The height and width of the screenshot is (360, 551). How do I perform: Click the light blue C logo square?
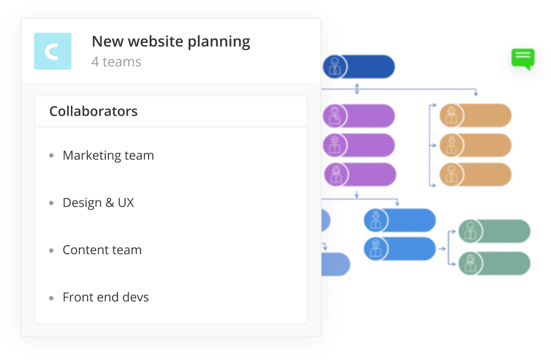pos(53,51)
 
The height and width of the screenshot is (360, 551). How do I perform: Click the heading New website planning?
pos(171,42)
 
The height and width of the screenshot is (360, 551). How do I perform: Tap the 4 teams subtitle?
pos(116,62)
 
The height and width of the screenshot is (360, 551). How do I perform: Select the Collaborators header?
pos(94,112)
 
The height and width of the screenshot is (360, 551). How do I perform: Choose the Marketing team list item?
pos(108,155)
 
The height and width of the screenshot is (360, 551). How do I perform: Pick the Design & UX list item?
pos(98,203)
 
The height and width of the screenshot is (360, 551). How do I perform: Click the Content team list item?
pos(102,250)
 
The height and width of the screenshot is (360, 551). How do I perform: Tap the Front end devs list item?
pos(106,297)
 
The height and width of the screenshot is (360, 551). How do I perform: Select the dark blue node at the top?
pos(359,67)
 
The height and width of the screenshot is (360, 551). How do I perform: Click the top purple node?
pos(359,116)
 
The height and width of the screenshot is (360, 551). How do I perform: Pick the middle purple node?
pos(359,145)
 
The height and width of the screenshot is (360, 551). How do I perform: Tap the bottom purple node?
pos(360,174)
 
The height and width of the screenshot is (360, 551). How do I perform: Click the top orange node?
pos(475,116)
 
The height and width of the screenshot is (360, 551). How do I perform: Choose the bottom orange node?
pos(475,174)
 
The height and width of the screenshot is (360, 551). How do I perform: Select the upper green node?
pos(494,231)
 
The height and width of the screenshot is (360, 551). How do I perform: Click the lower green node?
pos(494,263)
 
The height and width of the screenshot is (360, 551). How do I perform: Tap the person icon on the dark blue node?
pos(335,67)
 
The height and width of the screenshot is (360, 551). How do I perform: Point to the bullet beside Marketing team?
pos(52,155)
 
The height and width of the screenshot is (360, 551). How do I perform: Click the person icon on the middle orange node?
pos(451,145)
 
